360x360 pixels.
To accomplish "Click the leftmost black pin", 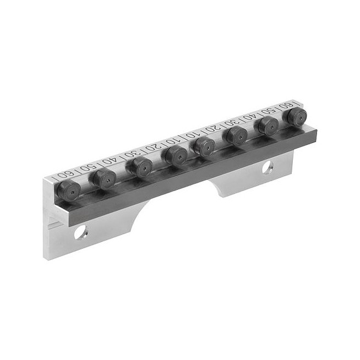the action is tap(69, 190).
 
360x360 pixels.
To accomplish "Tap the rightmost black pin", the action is tap(297, 117).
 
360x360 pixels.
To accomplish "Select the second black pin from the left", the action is tap(105, 179).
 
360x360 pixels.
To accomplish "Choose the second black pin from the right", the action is tap(269, 126).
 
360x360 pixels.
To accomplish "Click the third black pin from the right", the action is tap(237, 136).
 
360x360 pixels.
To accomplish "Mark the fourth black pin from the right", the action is tap(205, 147).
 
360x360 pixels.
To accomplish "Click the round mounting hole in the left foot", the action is tap(81, 232).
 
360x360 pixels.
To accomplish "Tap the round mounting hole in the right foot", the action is tap(268, 167).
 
